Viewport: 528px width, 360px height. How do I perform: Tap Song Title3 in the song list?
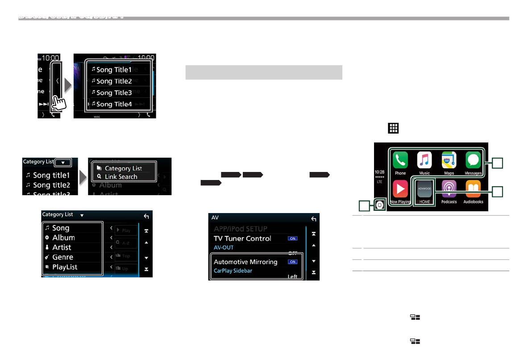[114, 92]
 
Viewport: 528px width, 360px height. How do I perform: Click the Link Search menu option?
[121, 176]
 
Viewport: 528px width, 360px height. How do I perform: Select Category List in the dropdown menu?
[123, 168]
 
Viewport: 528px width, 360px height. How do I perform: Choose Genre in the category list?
[62, 257]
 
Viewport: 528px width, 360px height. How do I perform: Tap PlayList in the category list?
[65, 267]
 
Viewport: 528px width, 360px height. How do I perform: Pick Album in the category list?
[63, 238]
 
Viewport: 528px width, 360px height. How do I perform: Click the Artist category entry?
[62, 247]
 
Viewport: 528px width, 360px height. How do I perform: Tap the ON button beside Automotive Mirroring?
[293, 262]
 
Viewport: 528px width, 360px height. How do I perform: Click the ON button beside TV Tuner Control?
[293, 239]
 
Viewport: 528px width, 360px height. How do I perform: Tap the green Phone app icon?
[400, 160]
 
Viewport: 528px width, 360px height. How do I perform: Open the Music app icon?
[424, 160]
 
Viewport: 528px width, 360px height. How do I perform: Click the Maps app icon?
[449, 160]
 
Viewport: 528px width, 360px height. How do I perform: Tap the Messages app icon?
[473, 160]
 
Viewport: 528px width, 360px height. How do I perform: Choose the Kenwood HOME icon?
[424, 189]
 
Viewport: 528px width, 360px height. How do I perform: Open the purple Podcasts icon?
[449, 189]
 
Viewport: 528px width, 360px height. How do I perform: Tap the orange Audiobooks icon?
[473, 189]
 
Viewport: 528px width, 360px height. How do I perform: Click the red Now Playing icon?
[400, 189]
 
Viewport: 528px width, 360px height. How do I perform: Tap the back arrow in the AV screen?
[314, 219]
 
